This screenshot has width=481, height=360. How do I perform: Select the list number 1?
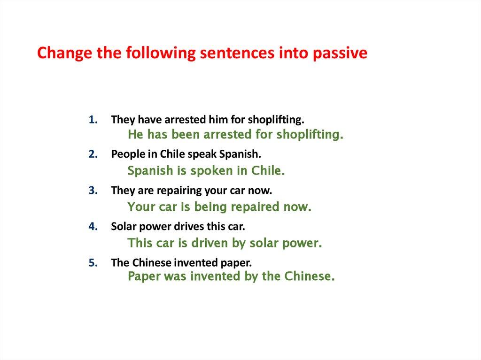pos(92,120)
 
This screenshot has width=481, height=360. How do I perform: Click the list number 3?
pos(92,191)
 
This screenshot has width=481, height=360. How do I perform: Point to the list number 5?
pos(92,263)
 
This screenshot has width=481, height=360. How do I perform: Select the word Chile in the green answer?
pos(268,171)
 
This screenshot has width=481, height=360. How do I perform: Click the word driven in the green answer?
pos(209,243)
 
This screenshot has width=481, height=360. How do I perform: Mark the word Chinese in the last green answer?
pos(309,276)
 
